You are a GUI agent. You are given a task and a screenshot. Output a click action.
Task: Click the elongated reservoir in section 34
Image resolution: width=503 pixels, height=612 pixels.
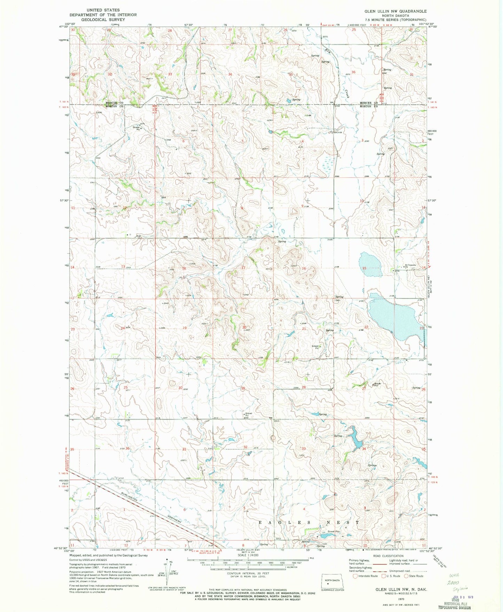tap(356, 439)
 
